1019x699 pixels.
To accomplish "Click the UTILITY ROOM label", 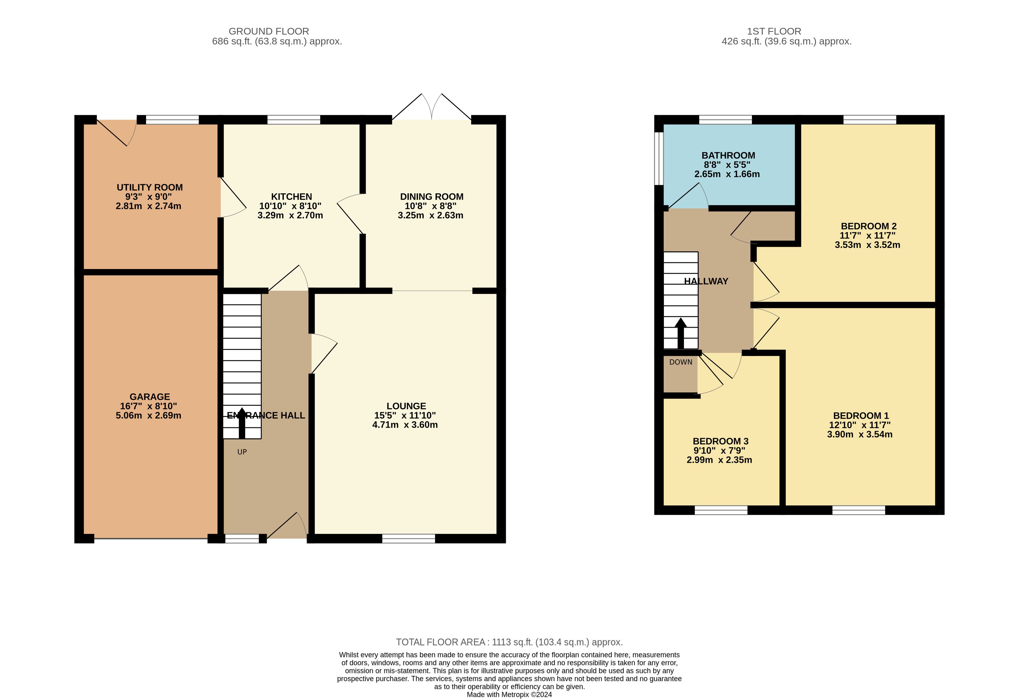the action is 150,187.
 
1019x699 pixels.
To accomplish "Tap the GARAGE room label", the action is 150,397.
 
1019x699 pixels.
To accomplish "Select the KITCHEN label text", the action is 292,196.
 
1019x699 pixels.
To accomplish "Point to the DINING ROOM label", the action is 432,196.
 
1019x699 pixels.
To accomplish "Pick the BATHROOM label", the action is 728,155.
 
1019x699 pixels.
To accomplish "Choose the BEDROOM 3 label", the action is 720,441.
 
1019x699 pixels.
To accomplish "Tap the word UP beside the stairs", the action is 242,452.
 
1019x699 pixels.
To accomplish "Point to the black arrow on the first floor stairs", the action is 680,333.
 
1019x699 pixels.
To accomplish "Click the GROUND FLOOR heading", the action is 269,31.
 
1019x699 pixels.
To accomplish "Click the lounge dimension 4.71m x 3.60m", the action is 405,424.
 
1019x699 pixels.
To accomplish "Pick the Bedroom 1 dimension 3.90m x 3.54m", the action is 859,434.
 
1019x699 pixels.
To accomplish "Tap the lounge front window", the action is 409,539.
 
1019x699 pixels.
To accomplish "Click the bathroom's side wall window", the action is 659,158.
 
